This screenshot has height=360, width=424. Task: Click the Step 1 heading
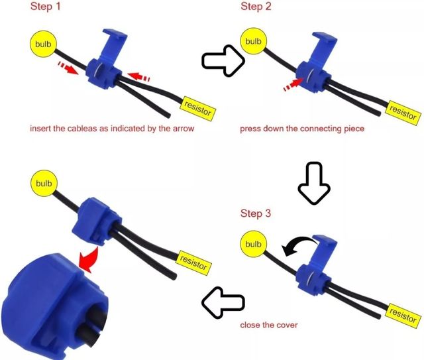tap(46, 7)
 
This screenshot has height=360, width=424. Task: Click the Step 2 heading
tap(256, 7)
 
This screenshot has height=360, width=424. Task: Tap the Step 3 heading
tap(256, 213)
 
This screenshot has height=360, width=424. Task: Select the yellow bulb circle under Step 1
tap(43, 44)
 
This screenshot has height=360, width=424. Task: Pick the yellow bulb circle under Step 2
tap(253, 41)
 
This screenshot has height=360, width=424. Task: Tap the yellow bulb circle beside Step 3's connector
tap(253, 244)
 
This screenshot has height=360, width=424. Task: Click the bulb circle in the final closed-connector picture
tap(44, 183)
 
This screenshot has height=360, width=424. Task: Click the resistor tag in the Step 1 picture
tap(198, 109)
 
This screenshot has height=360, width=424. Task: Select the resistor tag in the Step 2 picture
tap(403, 113)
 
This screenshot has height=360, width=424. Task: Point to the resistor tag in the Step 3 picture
tap(403, 316)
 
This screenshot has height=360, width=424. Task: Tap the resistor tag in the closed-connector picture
tap(193, 263)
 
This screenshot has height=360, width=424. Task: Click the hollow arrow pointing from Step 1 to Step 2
tap(223, 60)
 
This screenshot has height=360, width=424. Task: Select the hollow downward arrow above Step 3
tap(314, 183)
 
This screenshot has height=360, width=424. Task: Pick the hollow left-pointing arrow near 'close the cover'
tap(223, 302)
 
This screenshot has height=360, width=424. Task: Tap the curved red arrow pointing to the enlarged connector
tap(89, 260)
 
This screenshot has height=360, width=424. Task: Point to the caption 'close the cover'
tap(269, 325)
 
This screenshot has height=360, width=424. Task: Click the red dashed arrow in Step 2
tap(293, 84)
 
